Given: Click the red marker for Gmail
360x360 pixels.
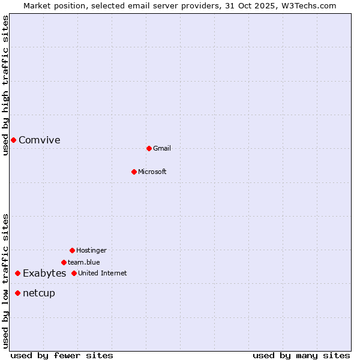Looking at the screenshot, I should pyautogui.click(x=149, y=148).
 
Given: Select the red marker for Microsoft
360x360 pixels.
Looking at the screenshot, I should pyautogui.click(x=134, y=172).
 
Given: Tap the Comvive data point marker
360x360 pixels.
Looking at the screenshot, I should pyautogui.click(x=13, y=140).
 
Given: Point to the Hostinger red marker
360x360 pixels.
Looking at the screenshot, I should pyautogui.click(x=72, y=250).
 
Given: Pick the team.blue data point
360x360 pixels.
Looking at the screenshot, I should pyautogui.click(x=64, y=262).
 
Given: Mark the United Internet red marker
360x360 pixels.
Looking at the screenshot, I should pyautogui.click(x=74, y=273).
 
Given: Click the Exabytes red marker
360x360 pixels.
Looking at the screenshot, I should pyautogui.click(x=17, y=273).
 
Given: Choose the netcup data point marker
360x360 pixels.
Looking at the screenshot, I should pyautogui.click(x=17, y=293).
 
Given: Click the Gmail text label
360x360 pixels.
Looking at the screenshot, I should pyautogui.click(x=162, y=148).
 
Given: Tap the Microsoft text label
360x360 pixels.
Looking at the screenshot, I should pyautogui.click(x=152, y=172).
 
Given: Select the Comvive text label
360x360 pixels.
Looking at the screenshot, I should pyautogui.click(x=40, y=140).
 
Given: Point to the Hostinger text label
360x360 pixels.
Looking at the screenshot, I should pyautogui.click(x=91, y=250).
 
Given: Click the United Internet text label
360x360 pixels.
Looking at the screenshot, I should pyautogui.click(x=103, y=273).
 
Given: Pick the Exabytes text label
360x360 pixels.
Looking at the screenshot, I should pyautogui.click(x=44, y=273).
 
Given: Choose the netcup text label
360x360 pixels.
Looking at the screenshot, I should pyautogui.click(x=39, y=293).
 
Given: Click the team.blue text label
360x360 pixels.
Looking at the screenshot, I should pyautogui.click(x=84, y=262).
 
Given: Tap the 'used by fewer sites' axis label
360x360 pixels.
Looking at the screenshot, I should pyautogui.click(x=62, y=355).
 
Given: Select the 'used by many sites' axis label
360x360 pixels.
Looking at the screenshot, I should pyautogui.click(x=301, y=355).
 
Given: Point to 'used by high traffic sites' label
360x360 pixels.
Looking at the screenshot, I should pyautogui.click(x=5, y=85).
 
